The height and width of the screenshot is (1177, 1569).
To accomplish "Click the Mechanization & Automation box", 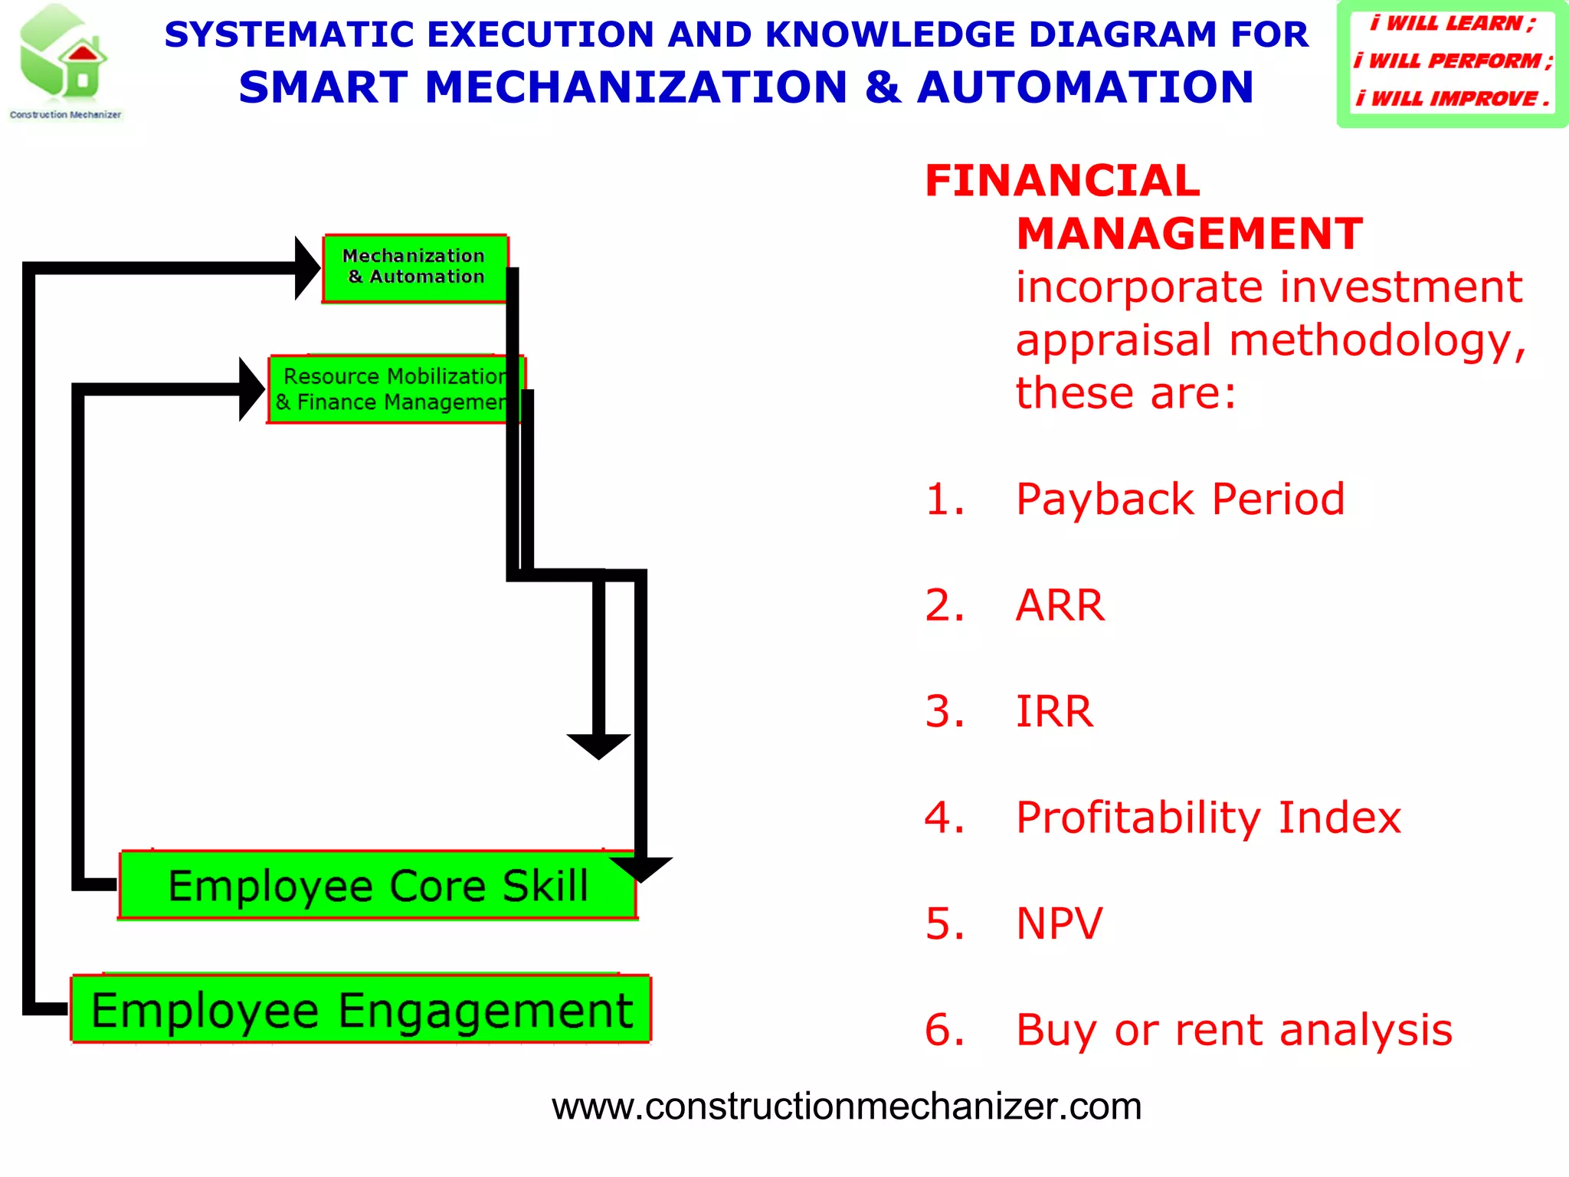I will click(x=414, y=267).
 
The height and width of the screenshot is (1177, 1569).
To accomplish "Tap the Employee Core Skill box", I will click(x=378, y=886).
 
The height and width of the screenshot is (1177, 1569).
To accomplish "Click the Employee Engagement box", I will click(x=361, y=1010).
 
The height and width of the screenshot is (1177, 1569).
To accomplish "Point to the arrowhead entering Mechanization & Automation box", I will click(x=306, y=267).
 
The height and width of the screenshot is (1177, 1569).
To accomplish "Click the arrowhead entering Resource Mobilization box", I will click(x=251, y=389).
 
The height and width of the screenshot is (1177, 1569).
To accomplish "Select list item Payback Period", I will click(x=1179, y=500).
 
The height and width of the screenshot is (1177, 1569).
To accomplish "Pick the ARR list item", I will click(x=1060, y=605).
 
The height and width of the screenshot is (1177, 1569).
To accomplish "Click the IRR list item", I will click(x=1054, y=711).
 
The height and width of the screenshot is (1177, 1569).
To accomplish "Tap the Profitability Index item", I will click(x=1207, y=818).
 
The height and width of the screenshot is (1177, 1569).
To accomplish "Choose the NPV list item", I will click(x=1059, y=923).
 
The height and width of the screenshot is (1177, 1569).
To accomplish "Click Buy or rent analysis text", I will click(x=1233, y=1030).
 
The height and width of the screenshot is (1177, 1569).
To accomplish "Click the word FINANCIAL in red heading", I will click(x=1062, y=181).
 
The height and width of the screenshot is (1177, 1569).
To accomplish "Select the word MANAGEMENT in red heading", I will click(x=1189, y=234).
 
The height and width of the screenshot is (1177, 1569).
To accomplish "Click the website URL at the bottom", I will click(x=846, y=1107).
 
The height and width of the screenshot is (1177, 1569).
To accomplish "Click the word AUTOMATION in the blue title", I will click(x=1085, y=87).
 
